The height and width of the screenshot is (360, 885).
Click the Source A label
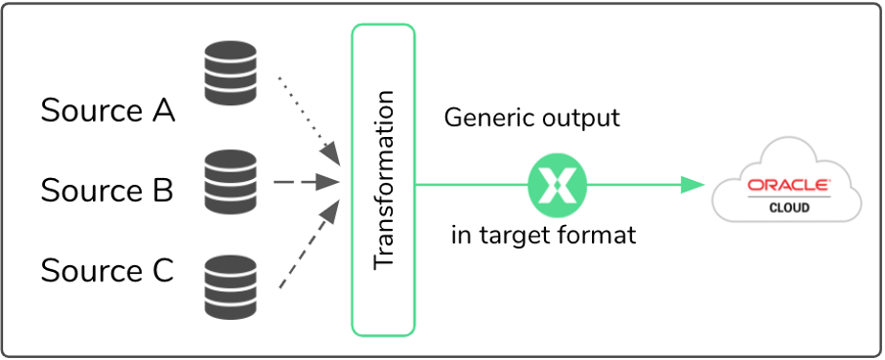point(107,111)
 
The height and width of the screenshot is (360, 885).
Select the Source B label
point(107,191)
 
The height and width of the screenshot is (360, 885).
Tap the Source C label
point(107,271)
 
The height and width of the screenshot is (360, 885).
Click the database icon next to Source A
point(231,75)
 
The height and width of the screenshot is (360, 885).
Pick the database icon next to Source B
point(231,182)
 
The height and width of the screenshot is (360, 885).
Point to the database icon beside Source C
point(231,286)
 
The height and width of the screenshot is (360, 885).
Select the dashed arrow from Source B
point(306,181)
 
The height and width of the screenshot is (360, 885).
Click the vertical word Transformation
point(383,180)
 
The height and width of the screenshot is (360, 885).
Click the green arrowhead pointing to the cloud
point(692,184)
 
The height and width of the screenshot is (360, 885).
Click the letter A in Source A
point(163,111)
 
